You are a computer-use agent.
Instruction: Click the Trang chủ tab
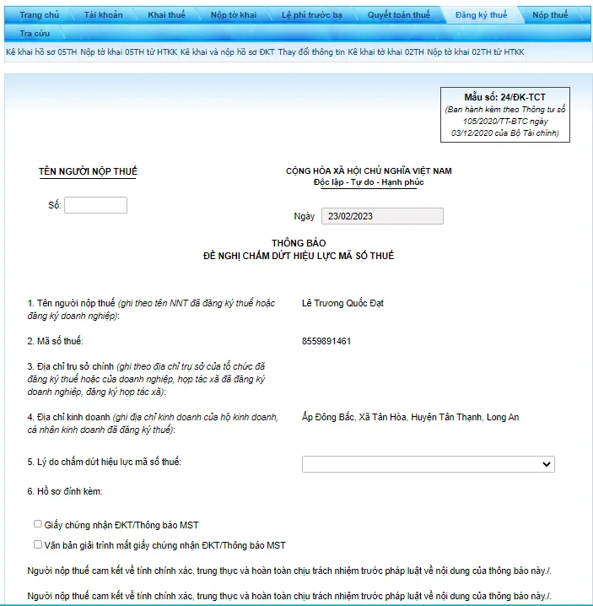pos(39,15)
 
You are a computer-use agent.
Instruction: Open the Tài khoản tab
pos(103,15)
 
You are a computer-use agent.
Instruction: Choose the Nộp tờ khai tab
pos(234,15)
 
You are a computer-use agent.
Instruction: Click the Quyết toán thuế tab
pos(398,15)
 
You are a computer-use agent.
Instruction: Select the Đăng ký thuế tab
pos(481,15)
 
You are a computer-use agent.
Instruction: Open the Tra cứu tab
pos(35,33)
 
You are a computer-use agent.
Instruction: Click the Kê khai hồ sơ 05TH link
pos(41,52)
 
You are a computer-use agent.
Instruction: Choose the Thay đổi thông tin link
pos(311,52)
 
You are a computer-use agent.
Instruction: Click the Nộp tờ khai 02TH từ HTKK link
pos(475,52)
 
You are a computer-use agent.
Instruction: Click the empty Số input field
pos(95,205)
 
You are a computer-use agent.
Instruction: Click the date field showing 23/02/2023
pos(382,216)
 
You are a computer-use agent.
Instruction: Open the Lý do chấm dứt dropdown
pos(428,464)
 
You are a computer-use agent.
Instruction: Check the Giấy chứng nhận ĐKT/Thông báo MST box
pos(38,524)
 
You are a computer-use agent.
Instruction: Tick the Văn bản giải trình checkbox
pos(38,544)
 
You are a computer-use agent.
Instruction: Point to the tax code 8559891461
pos(326,341)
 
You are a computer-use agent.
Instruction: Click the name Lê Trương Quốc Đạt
pos(342,303)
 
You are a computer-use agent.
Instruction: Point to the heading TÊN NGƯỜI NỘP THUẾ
pos(88,171)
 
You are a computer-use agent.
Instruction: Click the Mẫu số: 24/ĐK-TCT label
pos(504,98)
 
